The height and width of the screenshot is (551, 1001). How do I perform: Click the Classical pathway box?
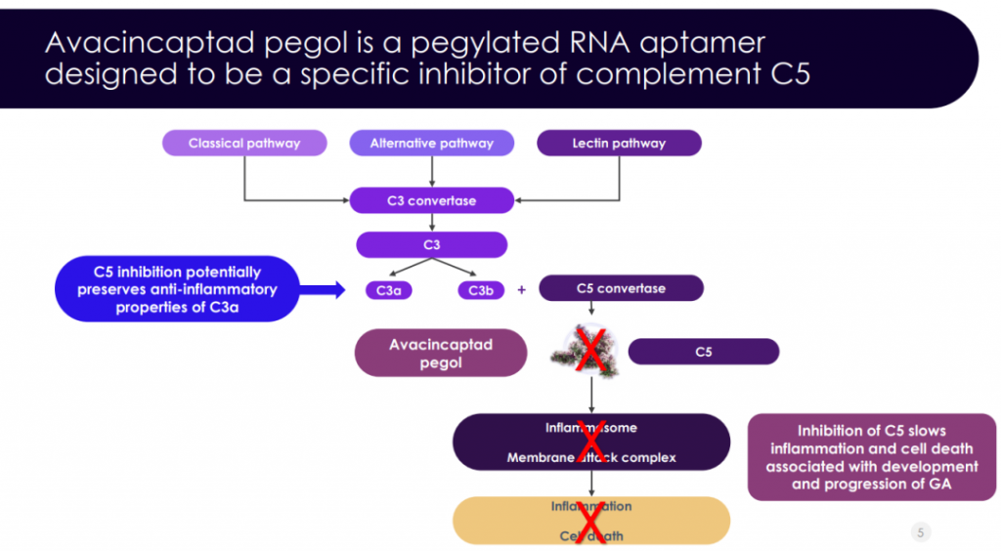[x=243, y=144]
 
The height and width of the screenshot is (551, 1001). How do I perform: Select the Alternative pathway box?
[x=431, y=144]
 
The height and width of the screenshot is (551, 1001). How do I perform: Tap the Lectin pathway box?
[x=619, y=144]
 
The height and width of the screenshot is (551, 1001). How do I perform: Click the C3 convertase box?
[x=431, y=201]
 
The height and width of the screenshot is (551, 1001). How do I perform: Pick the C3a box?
[x=388, y=290]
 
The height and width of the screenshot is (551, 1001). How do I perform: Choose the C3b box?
[x=480, y=290]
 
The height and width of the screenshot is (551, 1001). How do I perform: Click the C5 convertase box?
[x=621, y=288]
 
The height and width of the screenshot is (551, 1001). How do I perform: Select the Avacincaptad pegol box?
[x=441, y=353]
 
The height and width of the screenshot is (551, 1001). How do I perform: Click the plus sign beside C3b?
[x=521, y=290]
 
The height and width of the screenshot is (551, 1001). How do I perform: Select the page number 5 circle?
[x=920, y=531]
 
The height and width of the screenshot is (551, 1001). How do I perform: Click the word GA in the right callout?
[x=938, y=484]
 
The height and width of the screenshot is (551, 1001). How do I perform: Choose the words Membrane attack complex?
[x=590, y=457]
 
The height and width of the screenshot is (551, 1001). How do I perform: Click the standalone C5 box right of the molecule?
[x=703, y=352]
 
